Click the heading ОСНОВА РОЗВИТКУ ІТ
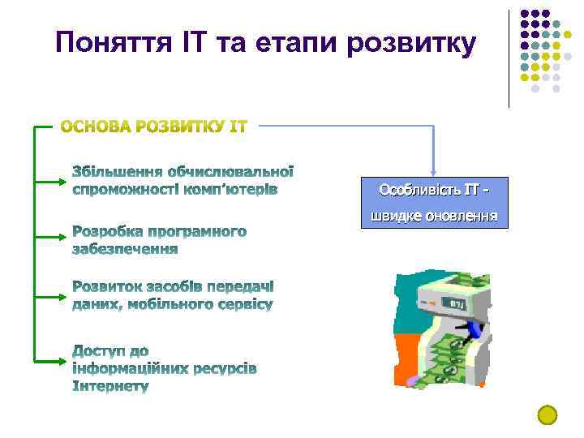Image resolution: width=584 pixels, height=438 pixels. (x=155, y=127)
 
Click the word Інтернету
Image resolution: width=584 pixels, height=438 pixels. (x=110, y=386)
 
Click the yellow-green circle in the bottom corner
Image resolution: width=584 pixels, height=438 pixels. (x=547, y=414)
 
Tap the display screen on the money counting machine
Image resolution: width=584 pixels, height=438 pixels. (x=457, y=304)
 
